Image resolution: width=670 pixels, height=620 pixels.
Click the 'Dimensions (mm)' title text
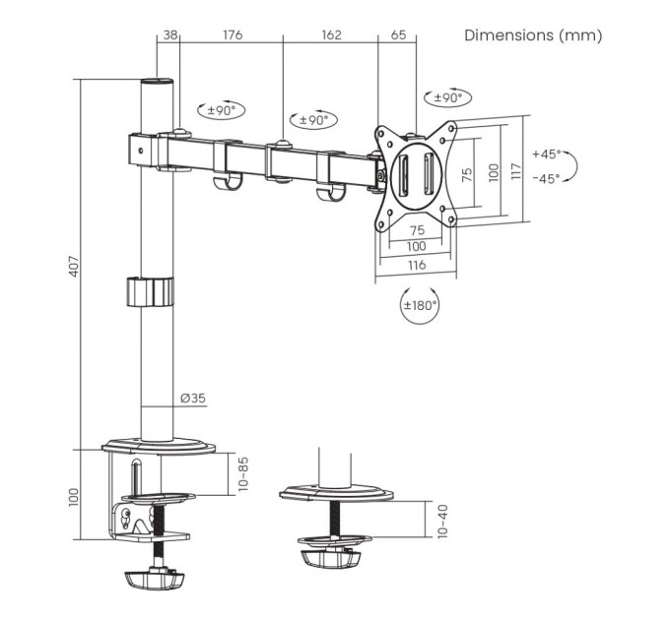(x=532, y=35)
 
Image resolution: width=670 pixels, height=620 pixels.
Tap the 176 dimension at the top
(x=232, y=35)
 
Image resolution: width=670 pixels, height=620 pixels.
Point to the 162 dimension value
(x=330, y=35)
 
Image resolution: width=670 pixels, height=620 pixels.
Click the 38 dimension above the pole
(x=169, y=35)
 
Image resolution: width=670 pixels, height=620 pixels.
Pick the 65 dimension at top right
(x=398, y=35)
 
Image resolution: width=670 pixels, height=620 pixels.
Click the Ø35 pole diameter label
(x=193, y=399)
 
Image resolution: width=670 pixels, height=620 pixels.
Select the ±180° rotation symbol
(x=420, y=304)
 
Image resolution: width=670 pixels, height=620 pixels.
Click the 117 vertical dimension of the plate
(x=515, y=173)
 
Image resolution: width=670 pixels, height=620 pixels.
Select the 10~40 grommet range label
(x=441, y=519)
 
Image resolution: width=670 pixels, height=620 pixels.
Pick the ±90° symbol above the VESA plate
(x=448, y=97)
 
